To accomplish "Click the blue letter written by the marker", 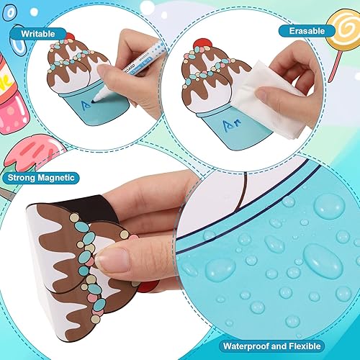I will click(86, 107).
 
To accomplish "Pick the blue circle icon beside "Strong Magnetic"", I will click(9, 177).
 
